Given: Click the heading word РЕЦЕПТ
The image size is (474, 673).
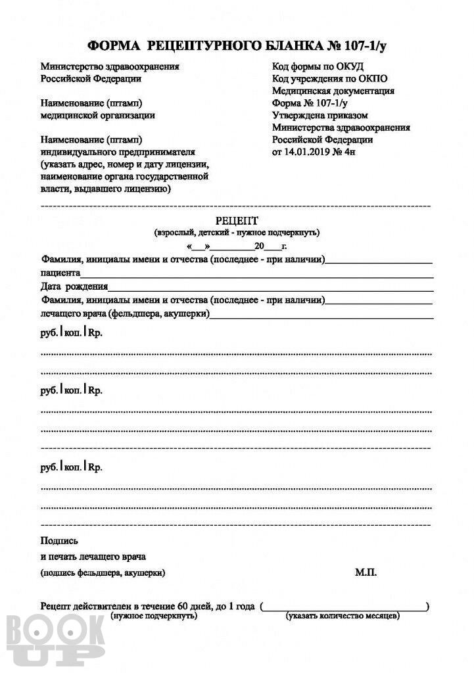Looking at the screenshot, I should coord(237,221).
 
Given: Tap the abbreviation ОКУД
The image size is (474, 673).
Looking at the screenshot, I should coord(348,66).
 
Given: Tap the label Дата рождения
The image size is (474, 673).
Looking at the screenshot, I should coord(73,287).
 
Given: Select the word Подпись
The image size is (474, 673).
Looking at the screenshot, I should coord(59,541).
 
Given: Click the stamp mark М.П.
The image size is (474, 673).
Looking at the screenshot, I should coord(366,572).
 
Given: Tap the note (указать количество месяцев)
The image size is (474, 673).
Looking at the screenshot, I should coord(343,616).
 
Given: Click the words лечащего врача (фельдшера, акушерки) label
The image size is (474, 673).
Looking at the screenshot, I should coord(125,313).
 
